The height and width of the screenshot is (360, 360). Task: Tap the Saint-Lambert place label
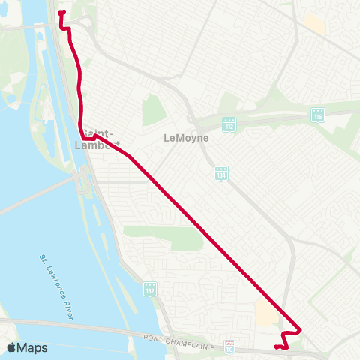[98, 139]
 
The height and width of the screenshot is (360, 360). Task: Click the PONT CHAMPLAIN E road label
[180, 339]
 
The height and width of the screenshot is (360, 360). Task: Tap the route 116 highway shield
[318, 114]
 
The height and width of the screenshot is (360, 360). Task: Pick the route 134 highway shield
[220, 173]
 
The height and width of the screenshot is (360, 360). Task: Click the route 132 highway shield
[151, 288]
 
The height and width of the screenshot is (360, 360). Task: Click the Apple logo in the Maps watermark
[12, 347]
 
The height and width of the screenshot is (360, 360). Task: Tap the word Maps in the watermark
[32, 347]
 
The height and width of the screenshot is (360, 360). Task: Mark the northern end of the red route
[60, 13]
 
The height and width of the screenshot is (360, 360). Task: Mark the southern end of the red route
[276, 346]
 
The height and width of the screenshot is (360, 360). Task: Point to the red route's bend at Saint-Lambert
[82, 138]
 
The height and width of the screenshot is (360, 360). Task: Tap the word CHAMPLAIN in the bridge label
[183, 339]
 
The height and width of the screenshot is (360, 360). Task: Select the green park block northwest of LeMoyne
[153, 111]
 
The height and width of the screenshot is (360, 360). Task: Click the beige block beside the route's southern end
[265, 312]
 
